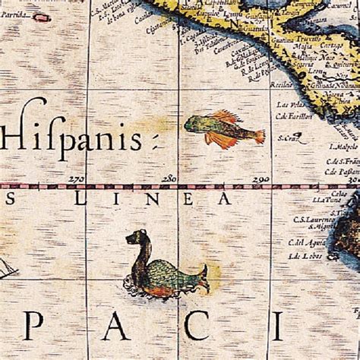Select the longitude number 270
[76, 179]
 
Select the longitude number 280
[169, 179]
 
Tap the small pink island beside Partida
[42, 16]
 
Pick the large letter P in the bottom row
[33, 327]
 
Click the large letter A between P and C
[114, 327]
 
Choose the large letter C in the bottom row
[198, 327]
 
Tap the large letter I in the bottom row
[278, 327]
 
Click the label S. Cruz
[287, 138]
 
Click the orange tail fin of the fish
[259, 137]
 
